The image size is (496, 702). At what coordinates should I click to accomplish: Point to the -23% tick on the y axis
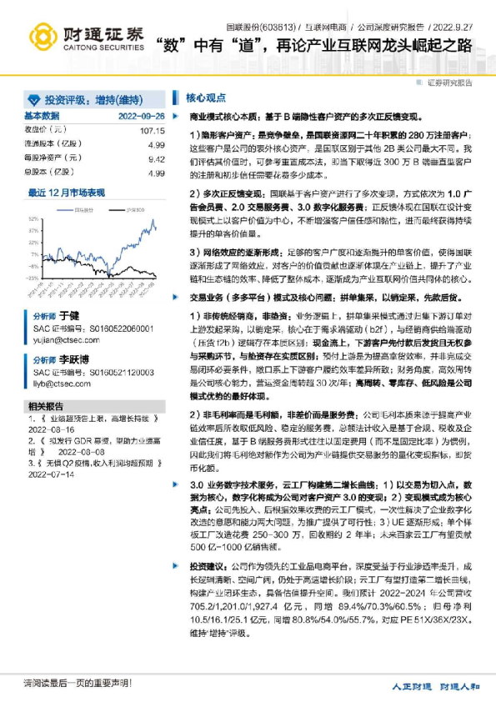(x=32, y=276)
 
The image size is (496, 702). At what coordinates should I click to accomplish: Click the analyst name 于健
(x=67, y=318)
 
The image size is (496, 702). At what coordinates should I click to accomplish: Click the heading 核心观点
(x=201, y=97)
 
